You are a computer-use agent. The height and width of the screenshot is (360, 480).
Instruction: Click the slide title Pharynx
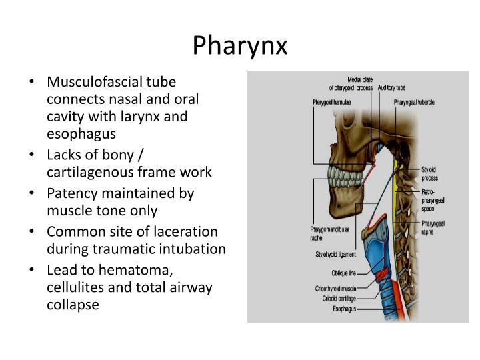tap(240, 45)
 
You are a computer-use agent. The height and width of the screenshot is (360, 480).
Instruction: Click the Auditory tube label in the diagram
tap(391, 87)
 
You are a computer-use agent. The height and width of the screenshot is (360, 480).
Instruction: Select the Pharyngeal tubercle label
tap(414, 103)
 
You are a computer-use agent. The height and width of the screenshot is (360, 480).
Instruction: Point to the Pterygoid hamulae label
tap(331, 103)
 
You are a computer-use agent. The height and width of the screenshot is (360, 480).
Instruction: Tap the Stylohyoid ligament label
tap(336, 254)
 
